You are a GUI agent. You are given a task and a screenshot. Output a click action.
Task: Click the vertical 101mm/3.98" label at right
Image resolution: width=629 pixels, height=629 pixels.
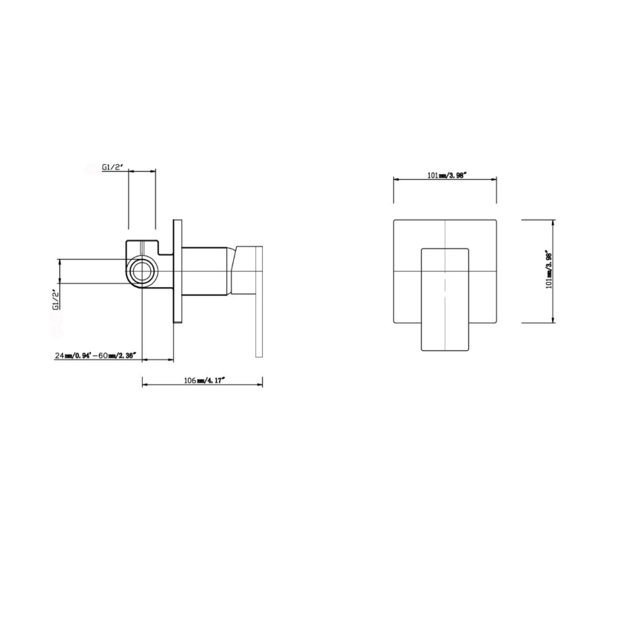click(548, 271)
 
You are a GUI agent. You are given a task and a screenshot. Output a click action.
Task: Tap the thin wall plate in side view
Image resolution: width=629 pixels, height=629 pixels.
click(177, 271)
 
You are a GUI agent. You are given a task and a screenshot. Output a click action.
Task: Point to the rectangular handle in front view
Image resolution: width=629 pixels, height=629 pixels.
click(445, 300)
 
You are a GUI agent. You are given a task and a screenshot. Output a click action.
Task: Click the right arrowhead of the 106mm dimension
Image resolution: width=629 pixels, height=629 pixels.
click(261, 384)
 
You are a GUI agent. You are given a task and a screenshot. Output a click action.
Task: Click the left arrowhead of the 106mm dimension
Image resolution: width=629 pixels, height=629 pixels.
click(144, 384)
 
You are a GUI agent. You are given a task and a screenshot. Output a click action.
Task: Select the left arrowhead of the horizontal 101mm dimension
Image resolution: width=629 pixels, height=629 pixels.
click(394, 180)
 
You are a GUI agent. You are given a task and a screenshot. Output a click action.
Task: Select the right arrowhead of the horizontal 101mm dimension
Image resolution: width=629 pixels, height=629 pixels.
click(496, 180)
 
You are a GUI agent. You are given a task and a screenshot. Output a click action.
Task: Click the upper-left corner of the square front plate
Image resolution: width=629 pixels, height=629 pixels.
click(394, 220)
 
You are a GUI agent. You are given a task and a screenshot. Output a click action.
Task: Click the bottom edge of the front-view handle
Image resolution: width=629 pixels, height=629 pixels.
click(445, 350)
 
